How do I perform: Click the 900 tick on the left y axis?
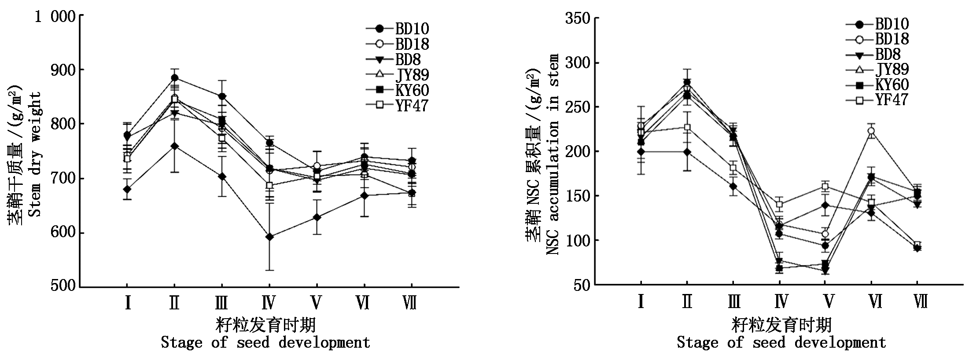click(63, 70)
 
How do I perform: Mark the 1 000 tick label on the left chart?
click(56, 17)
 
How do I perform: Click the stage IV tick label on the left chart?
click(268, 303)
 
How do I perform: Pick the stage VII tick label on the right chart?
click(921, 302)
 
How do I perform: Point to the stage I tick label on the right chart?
click(641, 302)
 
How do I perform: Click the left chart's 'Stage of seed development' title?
click(265, 342)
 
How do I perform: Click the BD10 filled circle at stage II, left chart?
click(174, 78)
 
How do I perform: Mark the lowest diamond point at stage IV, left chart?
click(269, 237)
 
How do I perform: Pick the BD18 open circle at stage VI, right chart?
click(871, 131)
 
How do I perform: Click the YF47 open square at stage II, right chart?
click(687, 128)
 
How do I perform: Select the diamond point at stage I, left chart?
click(127, 189)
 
